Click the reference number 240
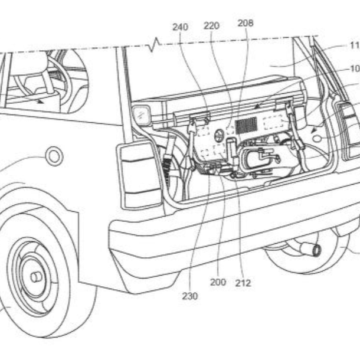pyautogui.click(x=181, y=27)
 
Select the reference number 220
pyautogui.click(x=211, y=27)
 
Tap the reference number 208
pyautogui.click(x=245, y=23)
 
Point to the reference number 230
pyautogui.click(x=191, y=296)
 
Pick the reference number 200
pyautogui.click(x=218, y=282)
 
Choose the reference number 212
pyautogui.click(x=243, y=283)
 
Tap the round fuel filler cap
pyautogui.click(x=54, y=156)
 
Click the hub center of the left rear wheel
pyautogui.click(x=35, y=276)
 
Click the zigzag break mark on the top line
pyautogui.click(x=155, y=44)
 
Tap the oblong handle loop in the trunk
pyautogui.click(x=260, y=159)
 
